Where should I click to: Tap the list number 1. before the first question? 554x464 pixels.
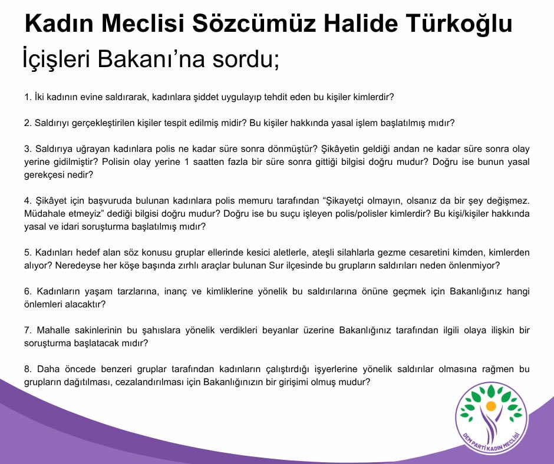[x=28, y=95]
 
